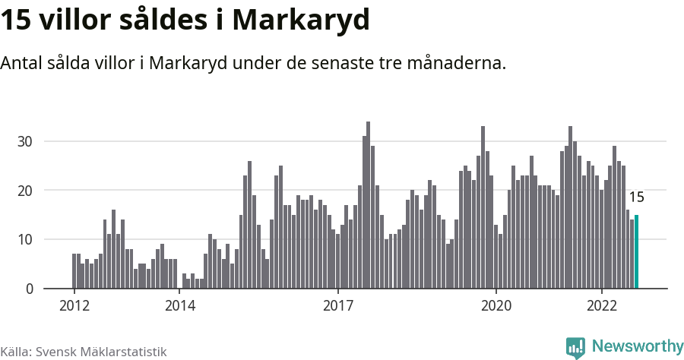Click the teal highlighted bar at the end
tap(637, 252)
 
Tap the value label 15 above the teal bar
tap(637, 197)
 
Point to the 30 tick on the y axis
tap(26, 141)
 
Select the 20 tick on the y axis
tap(26, 191)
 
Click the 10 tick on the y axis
tap(26, 240)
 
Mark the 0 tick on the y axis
tap(29, 289)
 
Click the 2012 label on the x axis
tap(74, 305)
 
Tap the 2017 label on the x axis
tap(338, 305)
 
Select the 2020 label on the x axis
tap(496, 305)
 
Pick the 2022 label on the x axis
tap(602, 305)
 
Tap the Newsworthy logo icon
tap(576, 347)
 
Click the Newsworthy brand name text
tap(637, 346)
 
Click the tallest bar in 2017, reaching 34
tap(368, 205)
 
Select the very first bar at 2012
tap(74, 271)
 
